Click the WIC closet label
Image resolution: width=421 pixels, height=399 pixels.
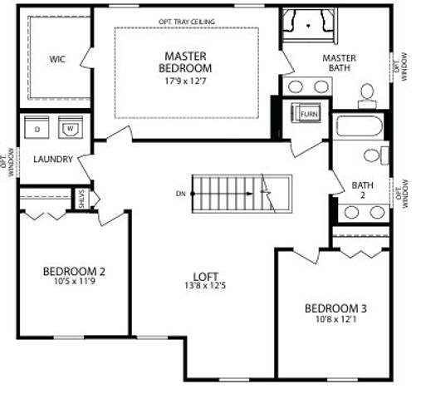(57, 59)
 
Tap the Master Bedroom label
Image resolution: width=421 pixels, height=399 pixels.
(186, 62)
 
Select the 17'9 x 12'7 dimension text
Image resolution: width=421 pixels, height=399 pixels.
(186, 81)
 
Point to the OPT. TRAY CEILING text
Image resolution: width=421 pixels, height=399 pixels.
(186, 22)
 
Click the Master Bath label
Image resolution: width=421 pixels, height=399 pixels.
(339, 63)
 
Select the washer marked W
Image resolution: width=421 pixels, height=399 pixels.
(71, 129)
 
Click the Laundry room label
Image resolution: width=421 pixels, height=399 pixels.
(53, 159)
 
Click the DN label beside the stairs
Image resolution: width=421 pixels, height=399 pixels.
(180, 194)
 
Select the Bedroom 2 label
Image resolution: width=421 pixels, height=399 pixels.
(74, 271)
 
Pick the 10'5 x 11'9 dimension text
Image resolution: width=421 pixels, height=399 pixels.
(74, 283)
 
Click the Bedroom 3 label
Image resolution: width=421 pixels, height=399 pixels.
(335, 308)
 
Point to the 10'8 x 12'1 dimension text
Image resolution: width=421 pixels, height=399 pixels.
(335, 319)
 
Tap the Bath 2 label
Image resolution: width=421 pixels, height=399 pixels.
(362, 190)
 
